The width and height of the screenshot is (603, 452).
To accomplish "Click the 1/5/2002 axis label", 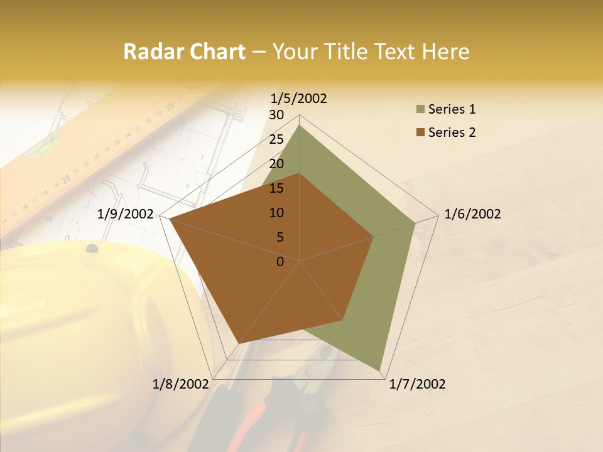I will tap(299, 98).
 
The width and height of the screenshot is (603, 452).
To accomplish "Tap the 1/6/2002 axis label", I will tap(472, 214).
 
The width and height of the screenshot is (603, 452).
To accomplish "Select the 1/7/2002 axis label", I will tap(417, 384).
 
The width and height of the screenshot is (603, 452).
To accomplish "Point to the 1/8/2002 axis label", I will tap(181, 384).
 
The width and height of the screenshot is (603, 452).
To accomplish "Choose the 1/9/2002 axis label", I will tap(126, 214).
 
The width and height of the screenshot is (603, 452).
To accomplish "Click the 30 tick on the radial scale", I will tap(276, 115).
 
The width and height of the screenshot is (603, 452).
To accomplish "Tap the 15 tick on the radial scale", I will tap(276, 188).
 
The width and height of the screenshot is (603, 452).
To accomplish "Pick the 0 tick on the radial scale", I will tap(280, 262).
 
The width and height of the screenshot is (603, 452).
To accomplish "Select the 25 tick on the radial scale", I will tap(276, 139).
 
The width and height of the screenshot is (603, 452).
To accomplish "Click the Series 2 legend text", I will tap(452, 132).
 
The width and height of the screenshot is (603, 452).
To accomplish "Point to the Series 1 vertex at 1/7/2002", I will tap(380, 371).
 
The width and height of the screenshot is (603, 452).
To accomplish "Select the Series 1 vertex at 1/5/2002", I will tap(299, 125).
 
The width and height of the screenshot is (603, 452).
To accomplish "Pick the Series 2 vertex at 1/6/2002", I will tap(374, 237).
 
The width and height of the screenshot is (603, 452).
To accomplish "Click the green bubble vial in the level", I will tap(43, 149).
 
